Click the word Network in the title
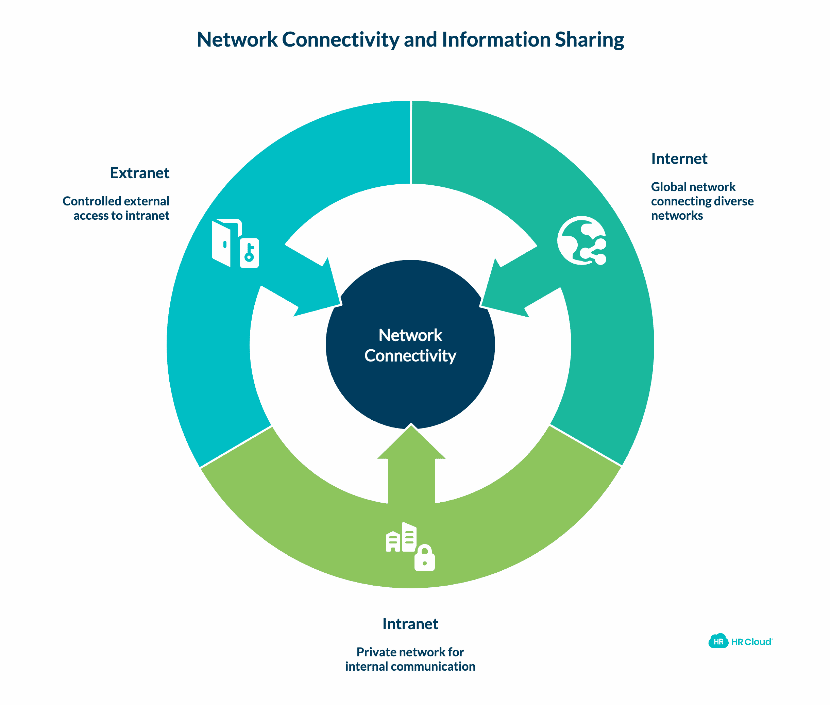click(x=237, y=40)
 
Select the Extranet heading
click(x=139, y=173)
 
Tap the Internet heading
click(x=679, y=159)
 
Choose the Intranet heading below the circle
click(x=410, y=624)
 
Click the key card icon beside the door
click(x=249, y=253)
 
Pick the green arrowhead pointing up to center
click(x=411, y=443)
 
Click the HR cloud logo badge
click(x=718, y=641)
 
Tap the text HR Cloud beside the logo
click(x=751, y=642)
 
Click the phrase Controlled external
click(x=116, y=201)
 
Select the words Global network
click(x=693, y=187)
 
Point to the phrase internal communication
click(x=410, y=666)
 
